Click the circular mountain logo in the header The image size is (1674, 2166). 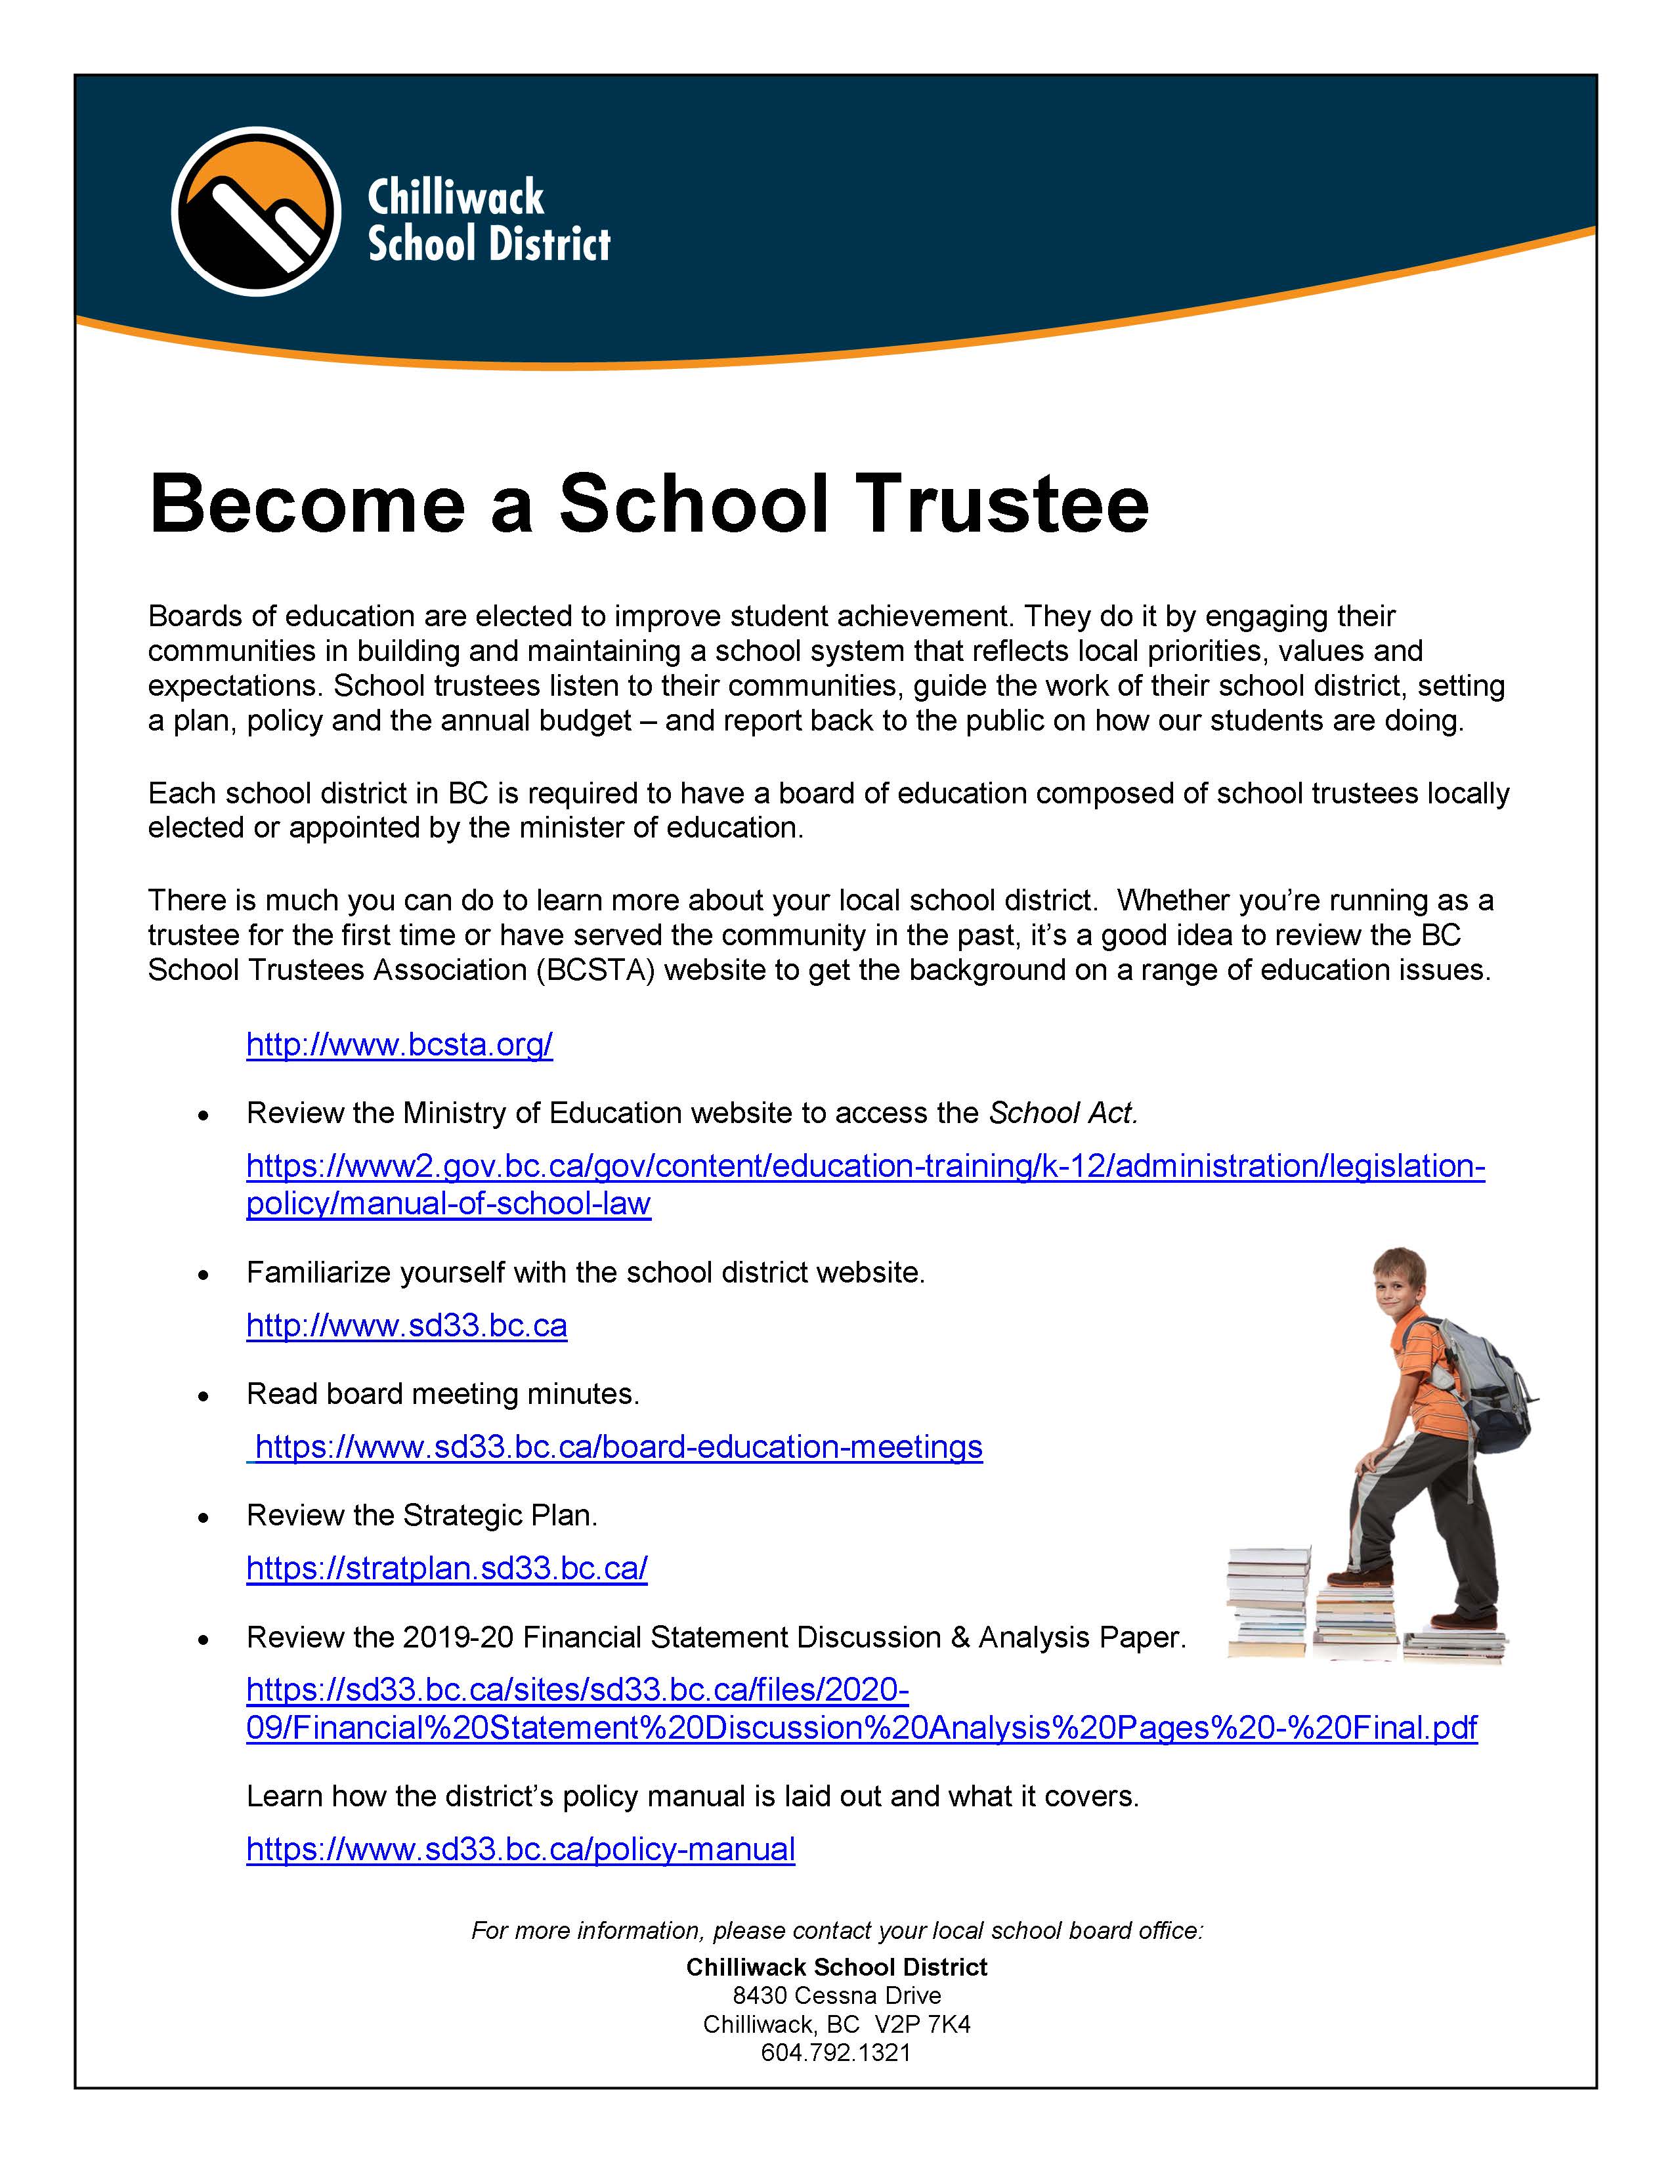point(256,211)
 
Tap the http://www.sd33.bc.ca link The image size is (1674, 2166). point(406,1326)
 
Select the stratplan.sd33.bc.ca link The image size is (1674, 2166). point(446,1568)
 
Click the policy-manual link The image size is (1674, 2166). point(521,1850)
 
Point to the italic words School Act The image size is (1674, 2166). point(1063,1114)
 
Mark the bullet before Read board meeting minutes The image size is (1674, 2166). point(204,1396)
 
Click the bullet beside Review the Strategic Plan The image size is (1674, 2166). point(204,1518)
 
